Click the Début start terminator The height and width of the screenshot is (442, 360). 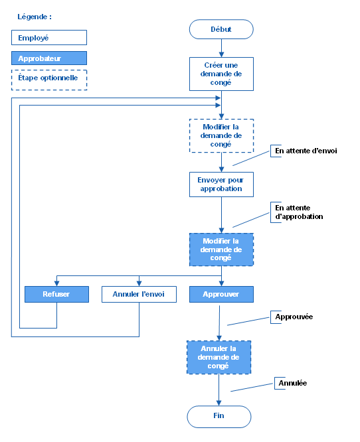[221, 29]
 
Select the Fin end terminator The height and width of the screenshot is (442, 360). [219, 417]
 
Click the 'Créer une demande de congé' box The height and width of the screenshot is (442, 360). [221, 74]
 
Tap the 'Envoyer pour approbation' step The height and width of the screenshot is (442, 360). [221, 184]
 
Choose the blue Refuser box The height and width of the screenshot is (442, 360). [56, 294]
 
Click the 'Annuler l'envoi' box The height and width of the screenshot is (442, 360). [139, 294]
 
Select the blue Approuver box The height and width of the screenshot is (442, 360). [221, 294]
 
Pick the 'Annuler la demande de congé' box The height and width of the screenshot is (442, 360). [219, 358]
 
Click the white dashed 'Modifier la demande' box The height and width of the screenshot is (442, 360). [221, 135]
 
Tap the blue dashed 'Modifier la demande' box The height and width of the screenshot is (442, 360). [221, 250]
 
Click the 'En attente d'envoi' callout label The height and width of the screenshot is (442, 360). [306, 151]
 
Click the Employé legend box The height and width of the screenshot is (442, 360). [50, 38]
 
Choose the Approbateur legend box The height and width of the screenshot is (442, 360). [50, 58]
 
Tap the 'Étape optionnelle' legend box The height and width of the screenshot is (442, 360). [50, 79]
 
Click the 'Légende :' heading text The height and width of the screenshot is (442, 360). [35, 16]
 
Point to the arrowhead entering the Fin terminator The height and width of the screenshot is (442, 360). [219, 402]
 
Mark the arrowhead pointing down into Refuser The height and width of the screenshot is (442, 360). [56, 283]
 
